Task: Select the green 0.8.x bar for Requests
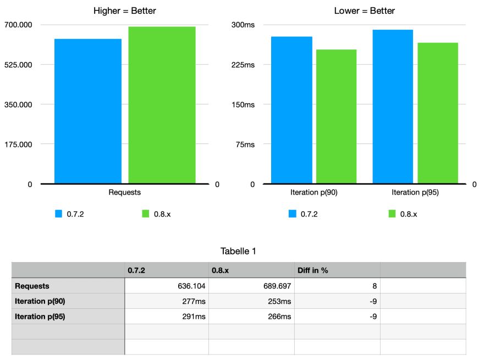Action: coord(162,105)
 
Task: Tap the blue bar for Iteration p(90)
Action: coord(291,110)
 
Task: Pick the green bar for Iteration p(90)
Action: coord(336,117)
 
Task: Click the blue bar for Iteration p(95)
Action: coord(393,107)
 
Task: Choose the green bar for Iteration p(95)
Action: coord(438,113)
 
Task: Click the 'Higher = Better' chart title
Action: coord(124,11)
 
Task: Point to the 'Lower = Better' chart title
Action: coord(365,11)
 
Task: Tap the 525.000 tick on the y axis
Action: coord(19,65)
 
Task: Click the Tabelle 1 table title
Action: coord(239,251)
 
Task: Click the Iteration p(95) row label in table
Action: coord(40,317)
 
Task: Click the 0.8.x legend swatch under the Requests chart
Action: coord(146,214)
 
